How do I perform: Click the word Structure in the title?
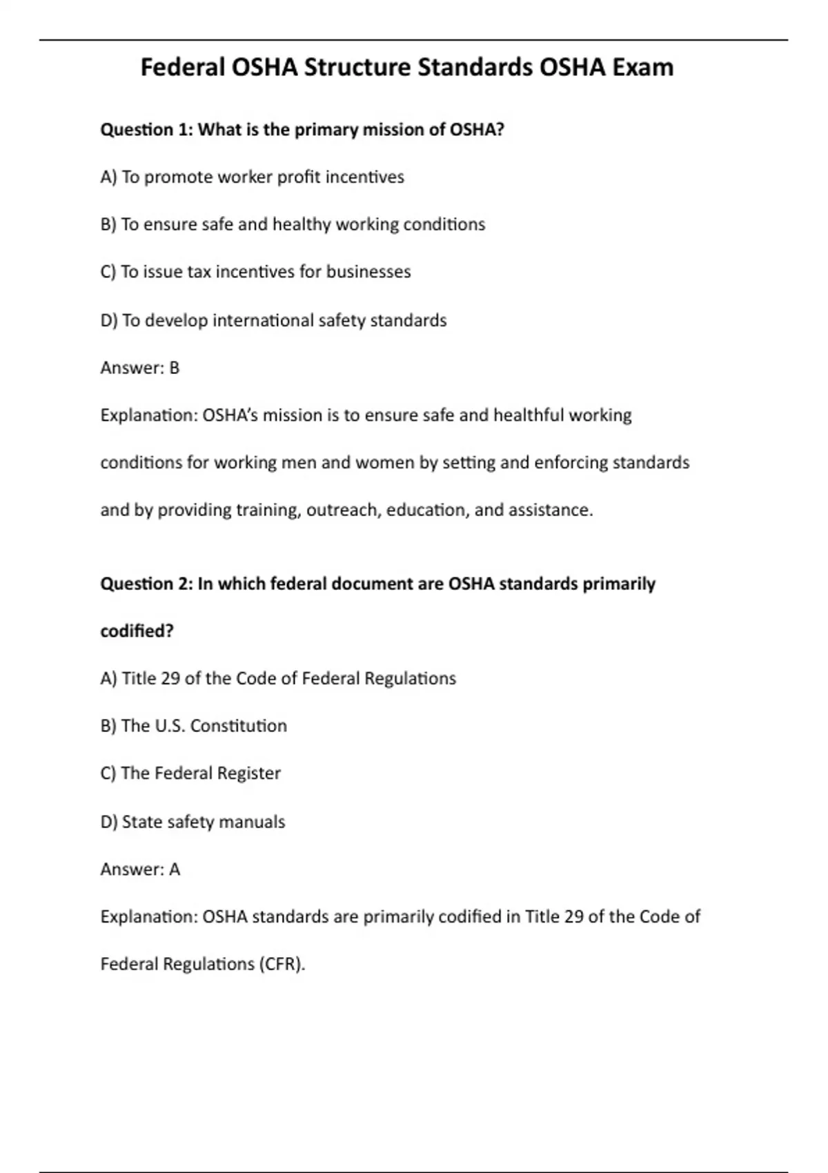coord(357,68)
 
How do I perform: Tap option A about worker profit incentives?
coord(252,177)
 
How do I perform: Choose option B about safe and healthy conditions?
coord(293,224)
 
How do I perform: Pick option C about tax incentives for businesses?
coord(255,272)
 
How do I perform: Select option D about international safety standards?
coord(273,320)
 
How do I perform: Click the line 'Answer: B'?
coord(140,368)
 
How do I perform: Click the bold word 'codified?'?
coord(137,631)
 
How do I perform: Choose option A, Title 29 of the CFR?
coord(278,678)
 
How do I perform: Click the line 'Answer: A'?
coord(140,869)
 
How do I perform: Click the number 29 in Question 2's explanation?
coord(573,917)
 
